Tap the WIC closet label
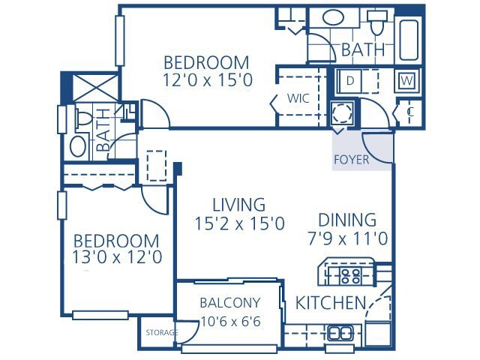click(x=298, y=98)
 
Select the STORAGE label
click(x=162, y=332)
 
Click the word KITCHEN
click(x=331, y=304)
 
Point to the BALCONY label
click(x=230, y=303)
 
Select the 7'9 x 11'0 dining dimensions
click(x=347, y=240)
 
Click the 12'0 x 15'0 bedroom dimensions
click(x=206, y=78)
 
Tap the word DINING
click(x=347, y=220)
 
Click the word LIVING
click(x=238, y=204)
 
